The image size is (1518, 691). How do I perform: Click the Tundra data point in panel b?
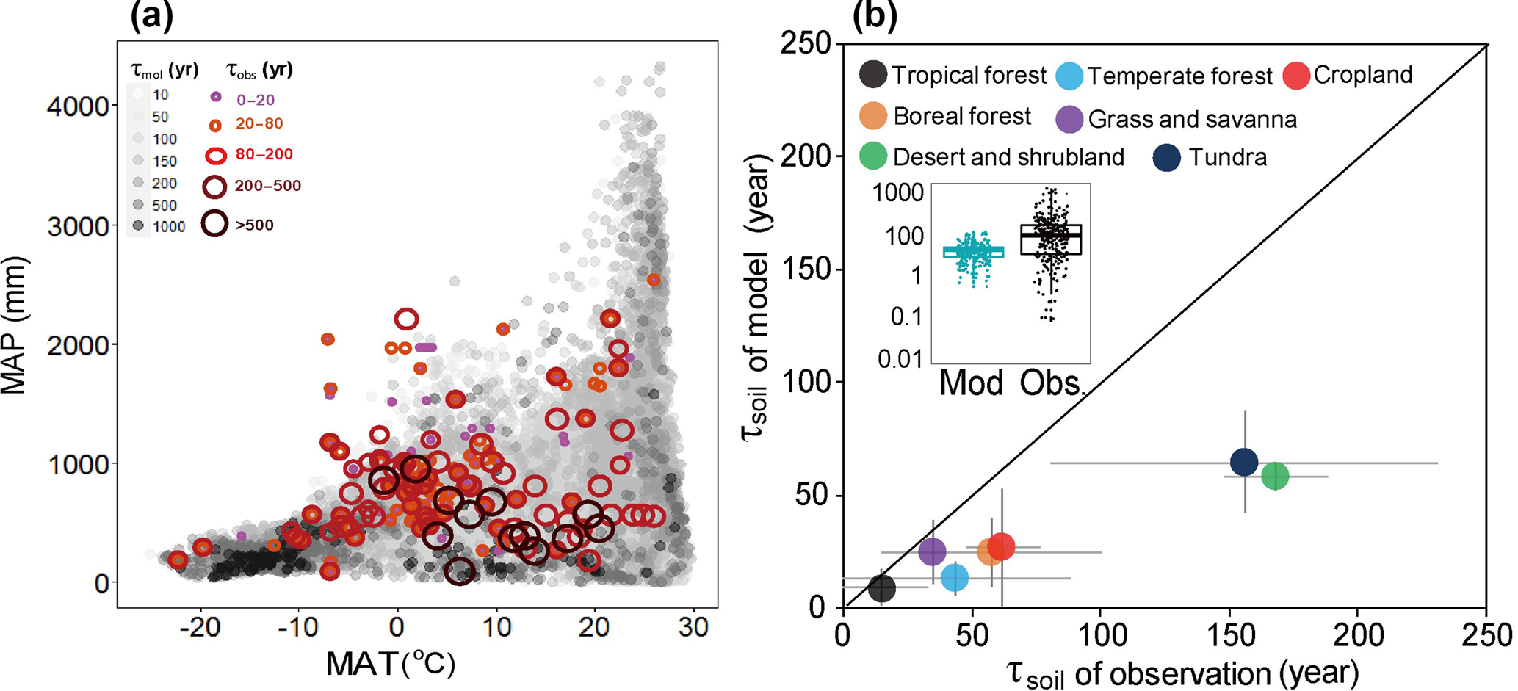pyautogui.click(x=1244, y=462)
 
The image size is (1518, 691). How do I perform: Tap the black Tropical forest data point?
pyautogui.click(x=882, y=587)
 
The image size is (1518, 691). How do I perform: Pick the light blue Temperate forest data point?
pyautogui.click(x=955, y=578)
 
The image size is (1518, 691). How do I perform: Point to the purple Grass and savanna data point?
pyautogui.click(x=933, y=551)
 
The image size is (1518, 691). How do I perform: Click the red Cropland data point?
pyautogui.click(x=1001, y=546)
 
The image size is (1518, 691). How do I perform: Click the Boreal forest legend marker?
pyautogui.click(x=873, y=116)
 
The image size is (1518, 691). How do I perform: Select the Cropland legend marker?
pyautogui.click(x=1297, y=76)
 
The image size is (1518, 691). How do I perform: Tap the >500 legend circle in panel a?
pyautogui.click(x=215, y=224)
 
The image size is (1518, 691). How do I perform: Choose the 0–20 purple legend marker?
pyautogui.click(x=216, y=97)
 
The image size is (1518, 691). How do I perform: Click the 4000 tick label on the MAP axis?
pyautogui.click(x=78, y=107)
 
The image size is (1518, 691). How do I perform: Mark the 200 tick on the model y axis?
pyautogui.click(x=806, y=156)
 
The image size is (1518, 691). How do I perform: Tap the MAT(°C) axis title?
pyautogui.click(x=390, y=664)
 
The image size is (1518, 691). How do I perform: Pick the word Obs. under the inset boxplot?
pyautogui.click(x=1052, y=383)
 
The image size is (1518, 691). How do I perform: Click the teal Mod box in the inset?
pyautogui.click(x=973, y=252)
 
